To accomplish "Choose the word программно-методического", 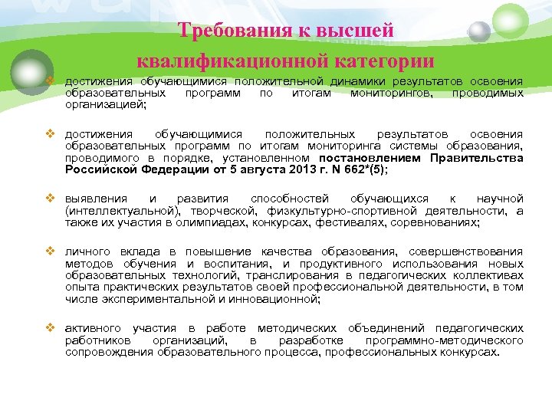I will tap(445, 340).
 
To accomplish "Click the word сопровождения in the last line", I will tap(110, 351).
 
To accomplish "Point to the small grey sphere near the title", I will tap(479, 31).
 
